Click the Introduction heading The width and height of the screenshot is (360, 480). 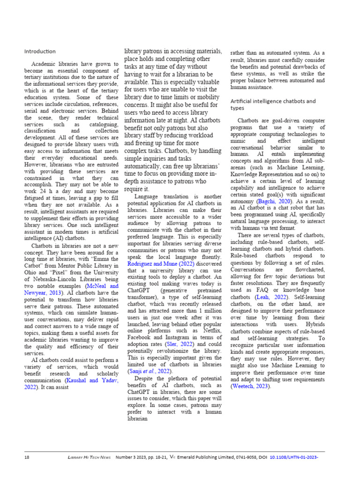pos(40,51)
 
